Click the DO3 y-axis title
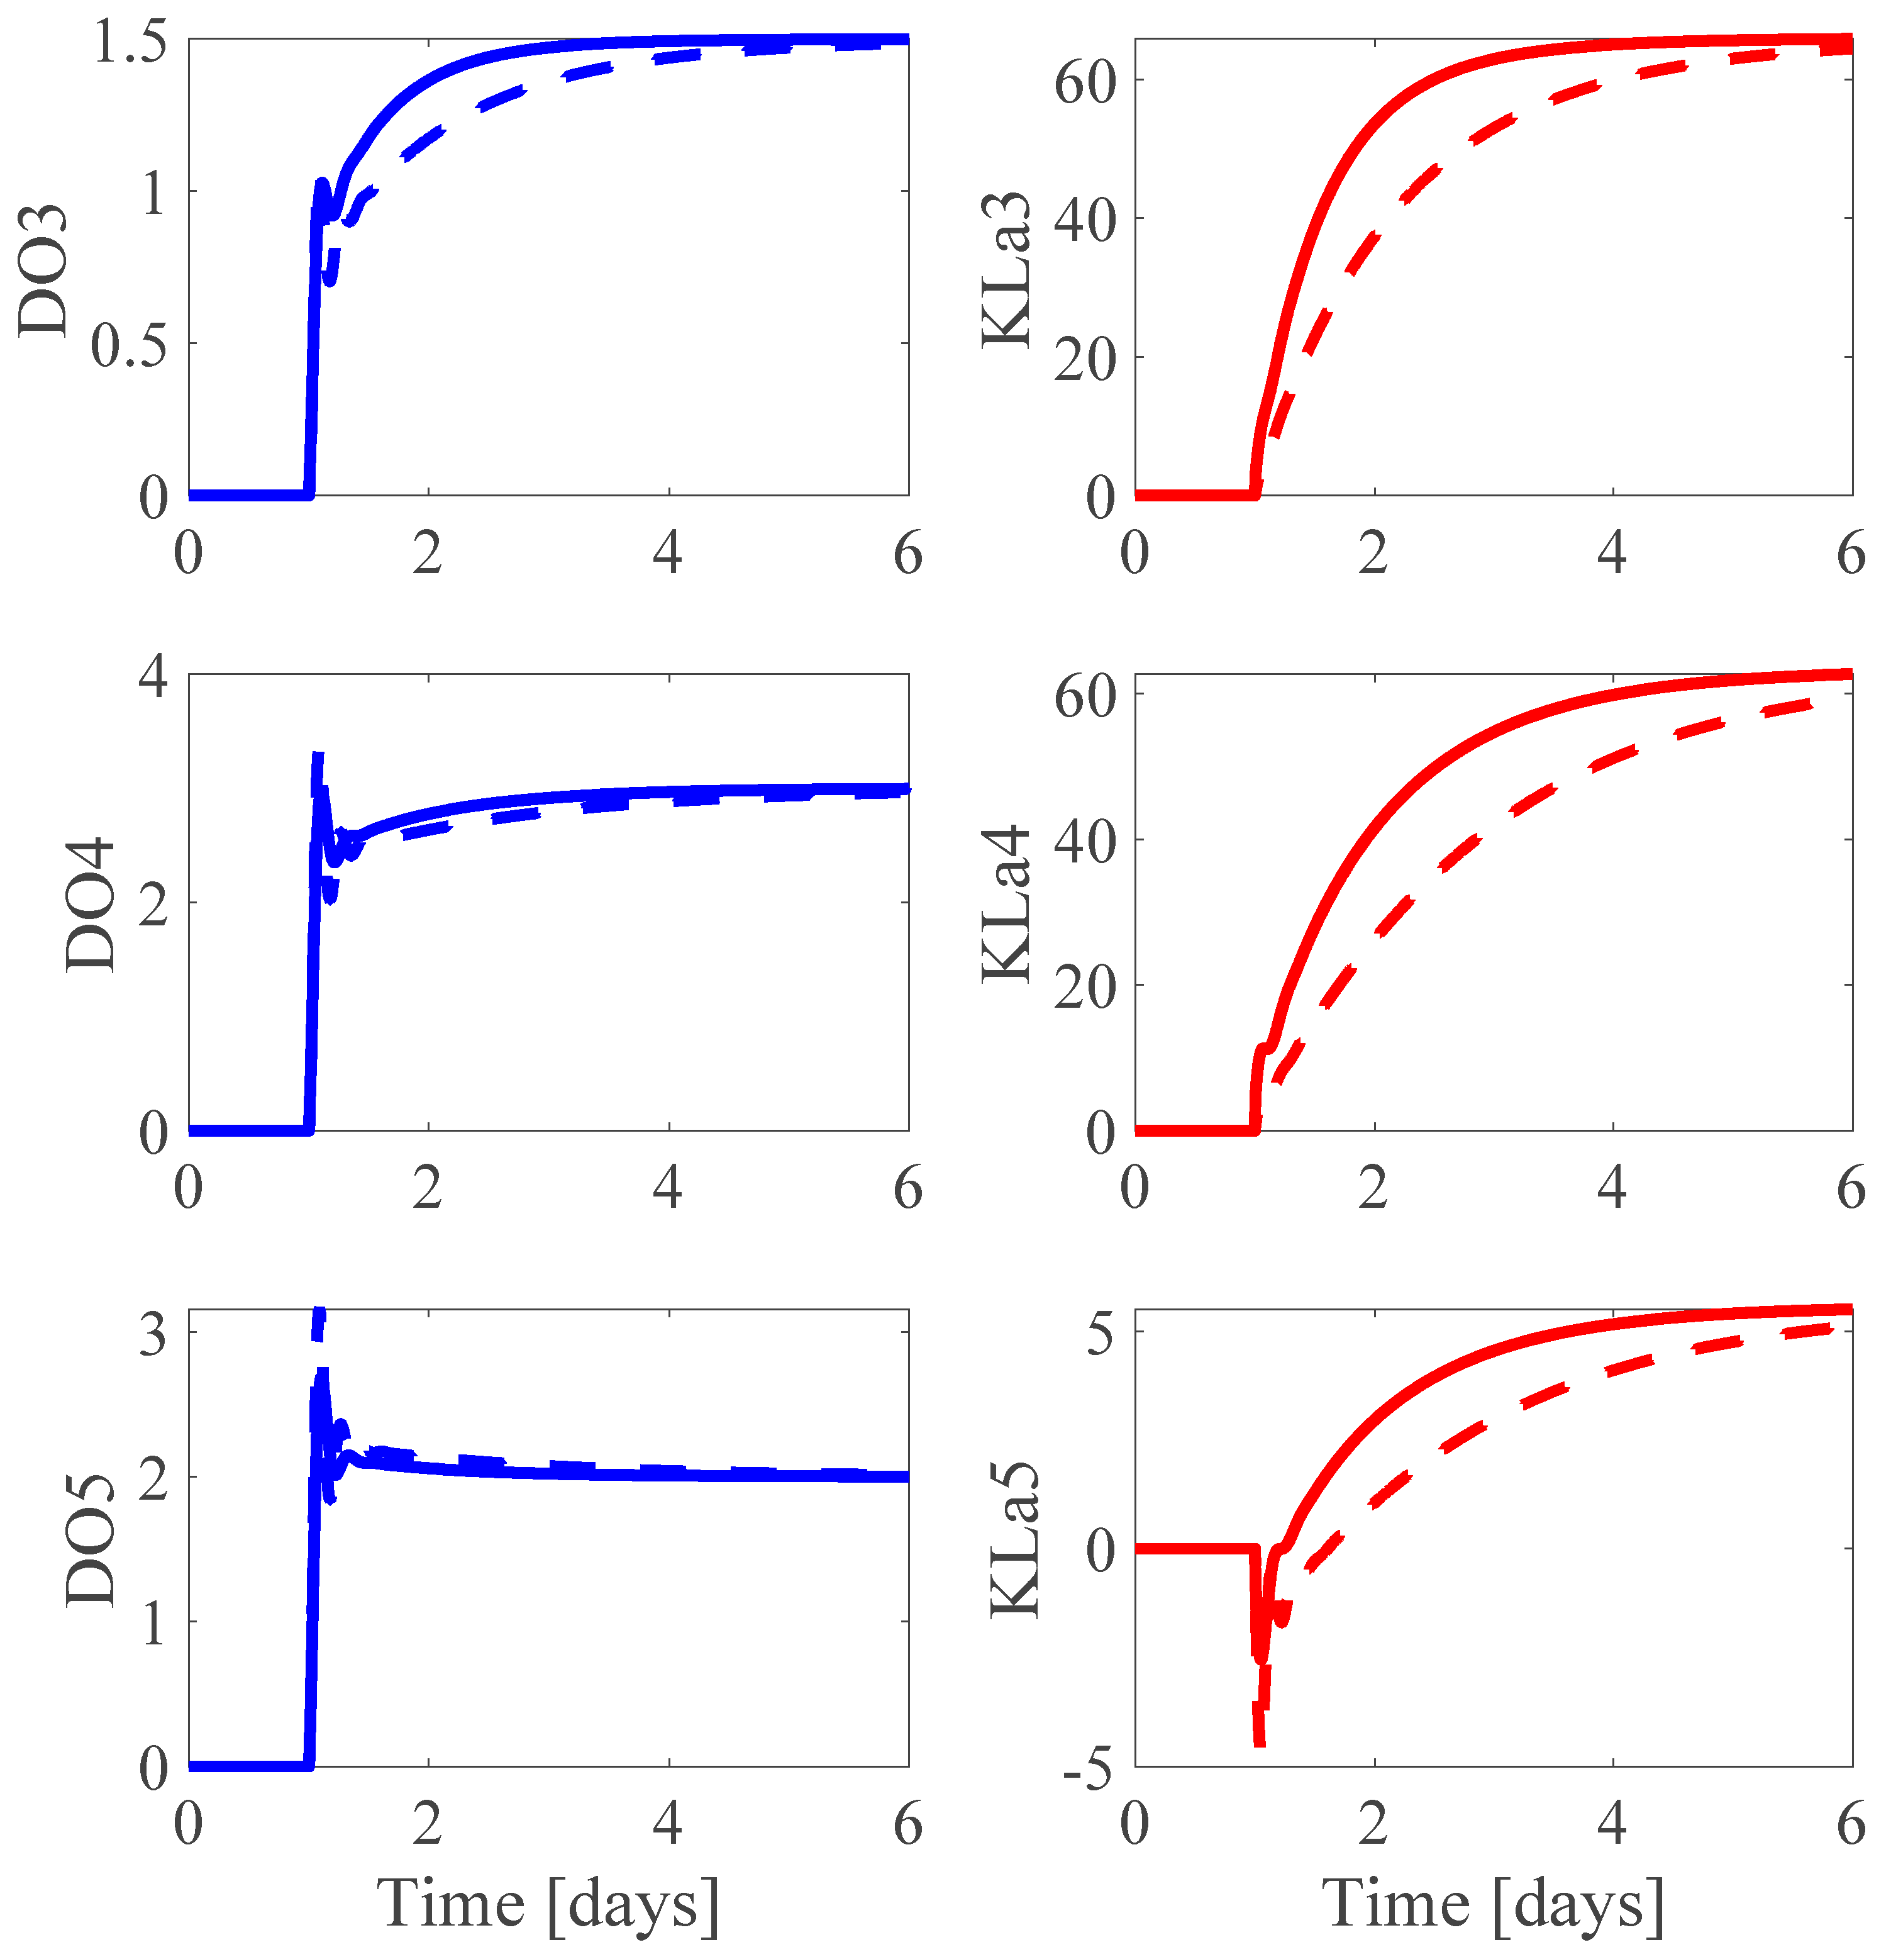tap(44, 271)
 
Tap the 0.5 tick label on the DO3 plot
tap(130, 345)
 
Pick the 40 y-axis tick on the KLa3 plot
tap(1085, 219)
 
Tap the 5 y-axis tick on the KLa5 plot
tap(1101, 1334)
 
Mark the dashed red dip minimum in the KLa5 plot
tap(1260, 1743)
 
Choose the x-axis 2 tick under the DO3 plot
tap(428, 554)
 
